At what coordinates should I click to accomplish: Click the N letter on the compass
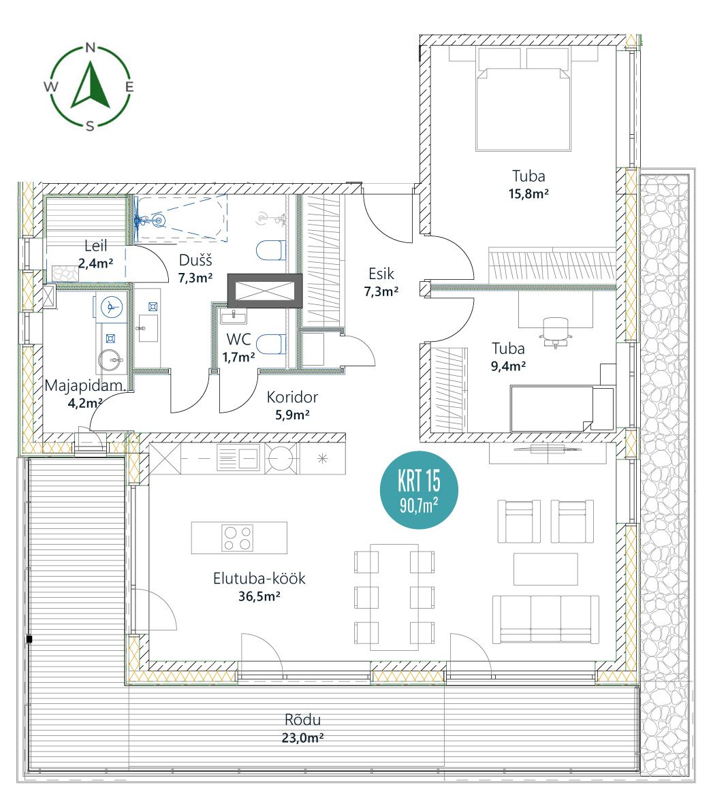pos(91,48)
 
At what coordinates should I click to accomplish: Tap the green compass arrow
pos(91,85)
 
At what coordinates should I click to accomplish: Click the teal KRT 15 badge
pos(419,490)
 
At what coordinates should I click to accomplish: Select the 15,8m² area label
pos(528,194)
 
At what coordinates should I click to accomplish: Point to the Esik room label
pos(381,274)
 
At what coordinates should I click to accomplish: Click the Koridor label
pos(292,397)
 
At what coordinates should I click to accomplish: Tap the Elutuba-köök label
pos(259,579)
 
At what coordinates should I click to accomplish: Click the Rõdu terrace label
pos(303,720)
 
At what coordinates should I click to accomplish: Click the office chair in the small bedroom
pos(556,332)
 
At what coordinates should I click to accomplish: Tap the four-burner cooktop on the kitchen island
pos(238,538)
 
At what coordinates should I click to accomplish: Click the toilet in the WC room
pos(270,344)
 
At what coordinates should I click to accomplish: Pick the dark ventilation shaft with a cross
pos(265,291)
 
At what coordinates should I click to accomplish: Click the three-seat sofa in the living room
pos(546,619)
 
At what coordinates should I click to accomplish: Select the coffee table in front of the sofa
pos(546,568)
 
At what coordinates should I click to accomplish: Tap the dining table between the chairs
pos(394,597)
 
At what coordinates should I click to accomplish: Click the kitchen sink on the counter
pos(238,458)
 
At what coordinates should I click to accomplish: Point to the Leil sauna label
pos(95,246)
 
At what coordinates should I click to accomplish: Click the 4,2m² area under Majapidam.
pos(85,403)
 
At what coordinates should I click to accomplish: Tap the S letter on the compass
pos(90,126)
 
